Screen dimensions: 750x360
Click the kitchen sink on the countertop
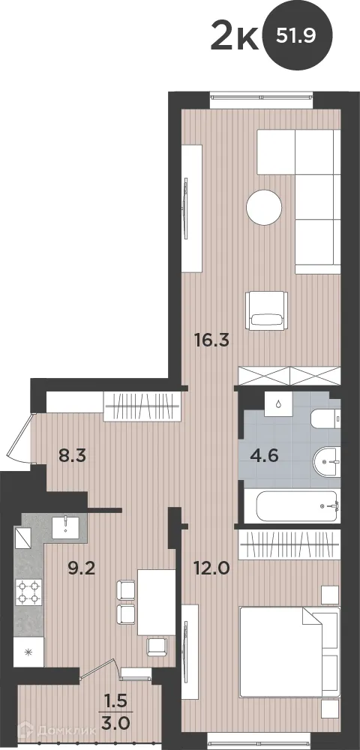pyautogui.click(x=67, y=526)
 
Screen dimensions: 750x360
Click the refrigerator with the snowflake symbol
pyautogui.click(x=29, y=651)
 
